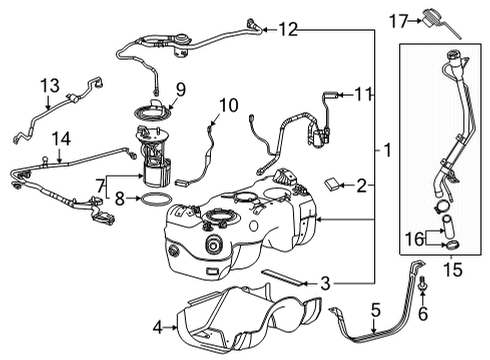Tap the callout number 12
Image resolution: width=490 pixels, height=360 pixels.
(288, 30)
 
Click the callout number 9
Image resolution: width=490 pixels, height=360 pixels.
(179, 91)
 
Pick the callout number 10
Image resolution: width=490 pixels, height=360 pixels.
(228, 104)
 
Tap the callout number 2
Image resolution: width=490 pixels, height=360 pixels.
(362, 184)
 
